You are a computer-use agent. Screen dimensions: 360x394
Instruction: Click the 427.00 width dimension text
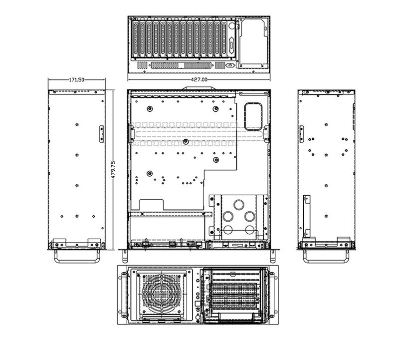[198, 79]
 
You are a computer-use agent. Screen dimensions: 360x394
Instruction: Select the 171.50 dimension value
[76, 79]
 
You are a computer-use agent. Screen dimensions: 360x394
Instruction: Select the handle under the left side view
[77, 255]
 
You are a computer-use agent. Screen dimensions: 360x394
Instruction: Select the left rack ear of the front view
[122, 293]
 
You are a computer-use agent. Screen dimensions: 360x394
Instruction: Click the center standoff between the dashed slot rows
[185, 141]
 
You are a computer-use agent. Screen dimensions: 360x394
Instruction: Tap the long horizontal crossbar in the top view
[167, 214]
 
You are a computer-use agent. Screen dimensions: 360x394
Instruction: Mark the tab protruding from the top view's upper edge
[198, 88]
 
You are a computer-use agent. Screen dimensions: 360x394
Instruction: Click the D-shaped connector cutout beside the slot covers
[230, 65]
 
